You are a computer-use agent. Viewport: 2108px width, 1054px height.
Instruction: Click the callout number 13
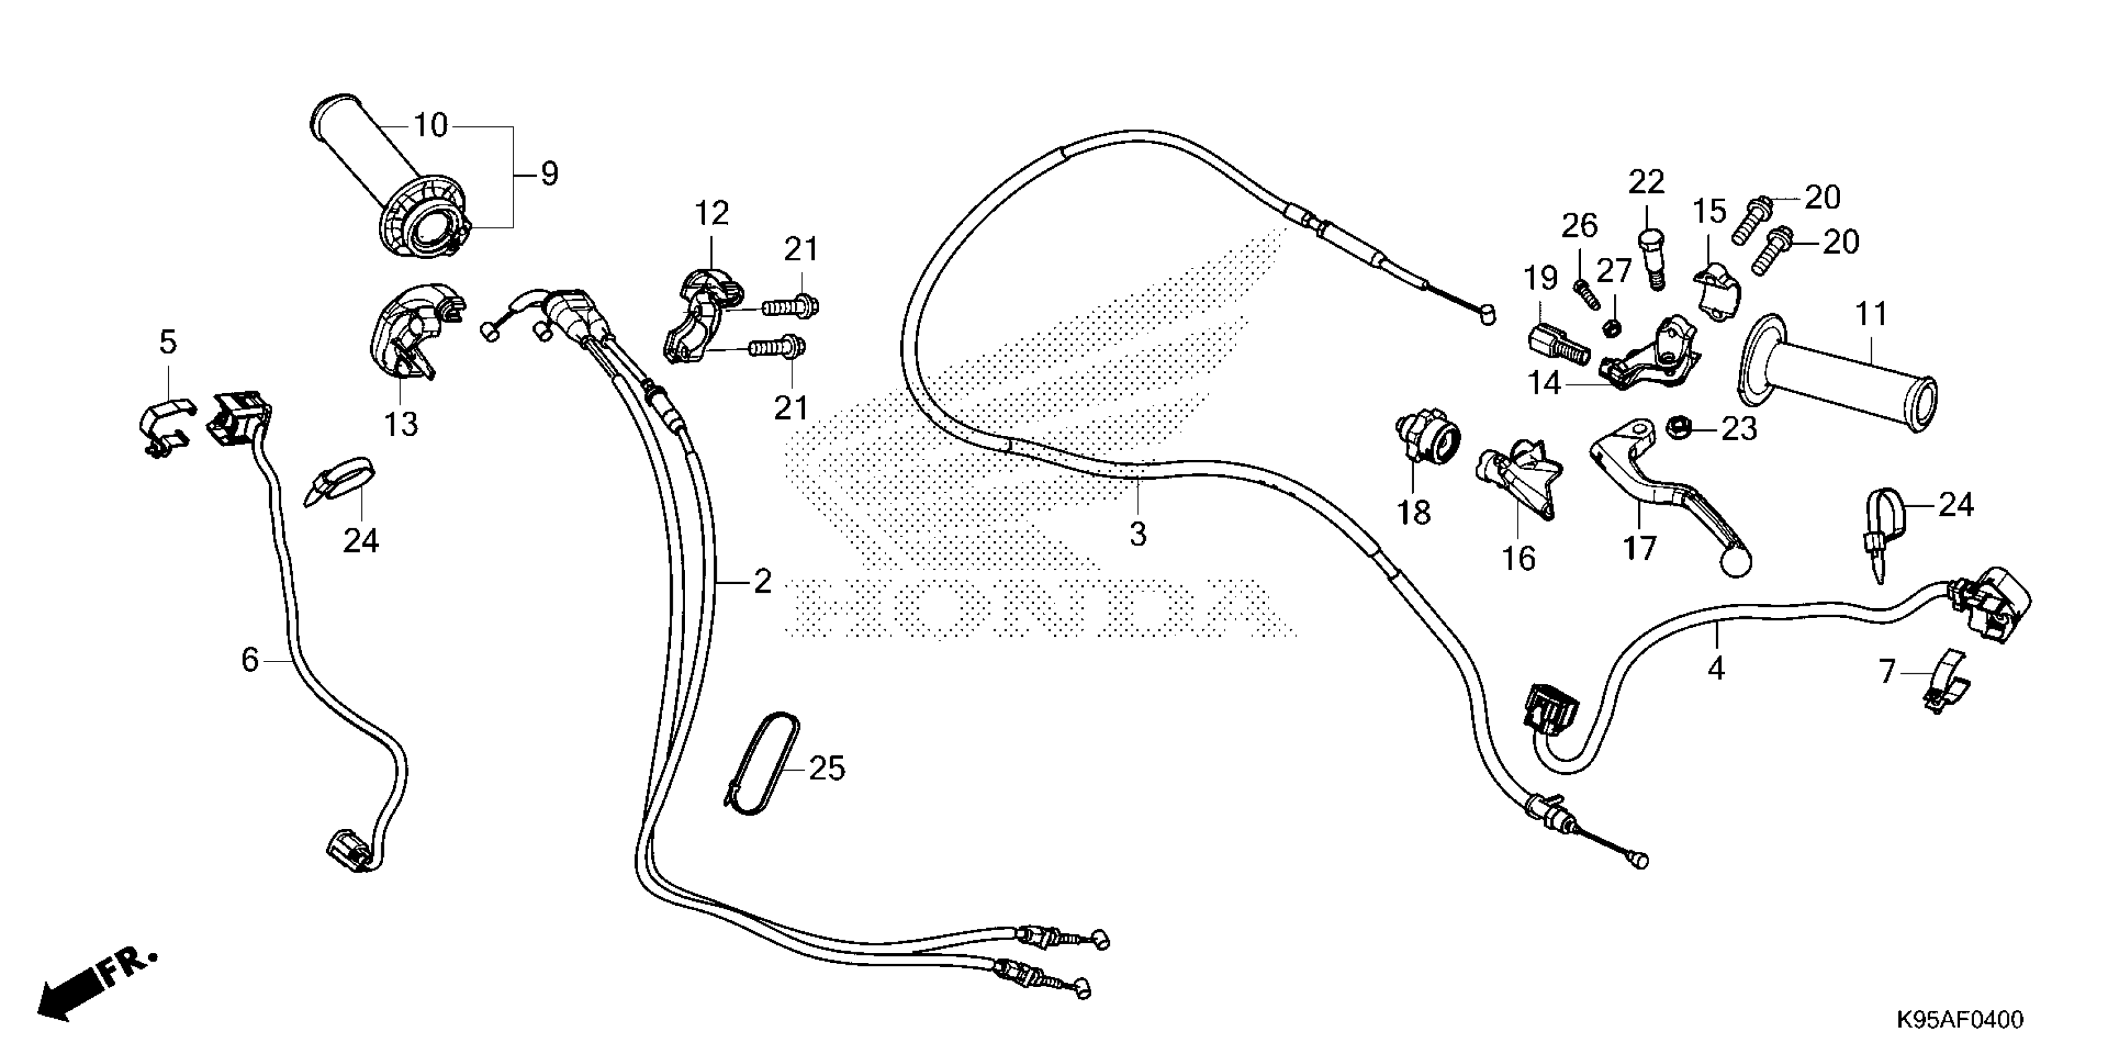click(401, 424)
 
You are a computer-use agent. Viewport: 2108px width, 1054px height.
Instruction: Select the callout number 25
click(826, 768)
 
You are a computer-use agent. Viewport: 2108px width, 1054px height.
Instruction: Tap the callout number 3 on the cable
click(1138, 534)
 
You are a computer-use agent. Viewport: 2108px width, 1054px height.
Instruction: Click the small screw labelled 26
click(1587, 294)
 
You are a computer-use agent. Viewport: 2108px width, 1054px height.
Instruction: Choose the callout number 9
click(549, 174)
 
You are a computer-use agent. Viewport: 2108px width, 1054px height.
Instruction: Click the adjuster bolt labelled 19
click(1557, 348)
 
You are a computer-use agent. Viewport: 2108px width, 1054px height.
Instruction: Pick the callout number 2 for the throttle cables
click(763, 582)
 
